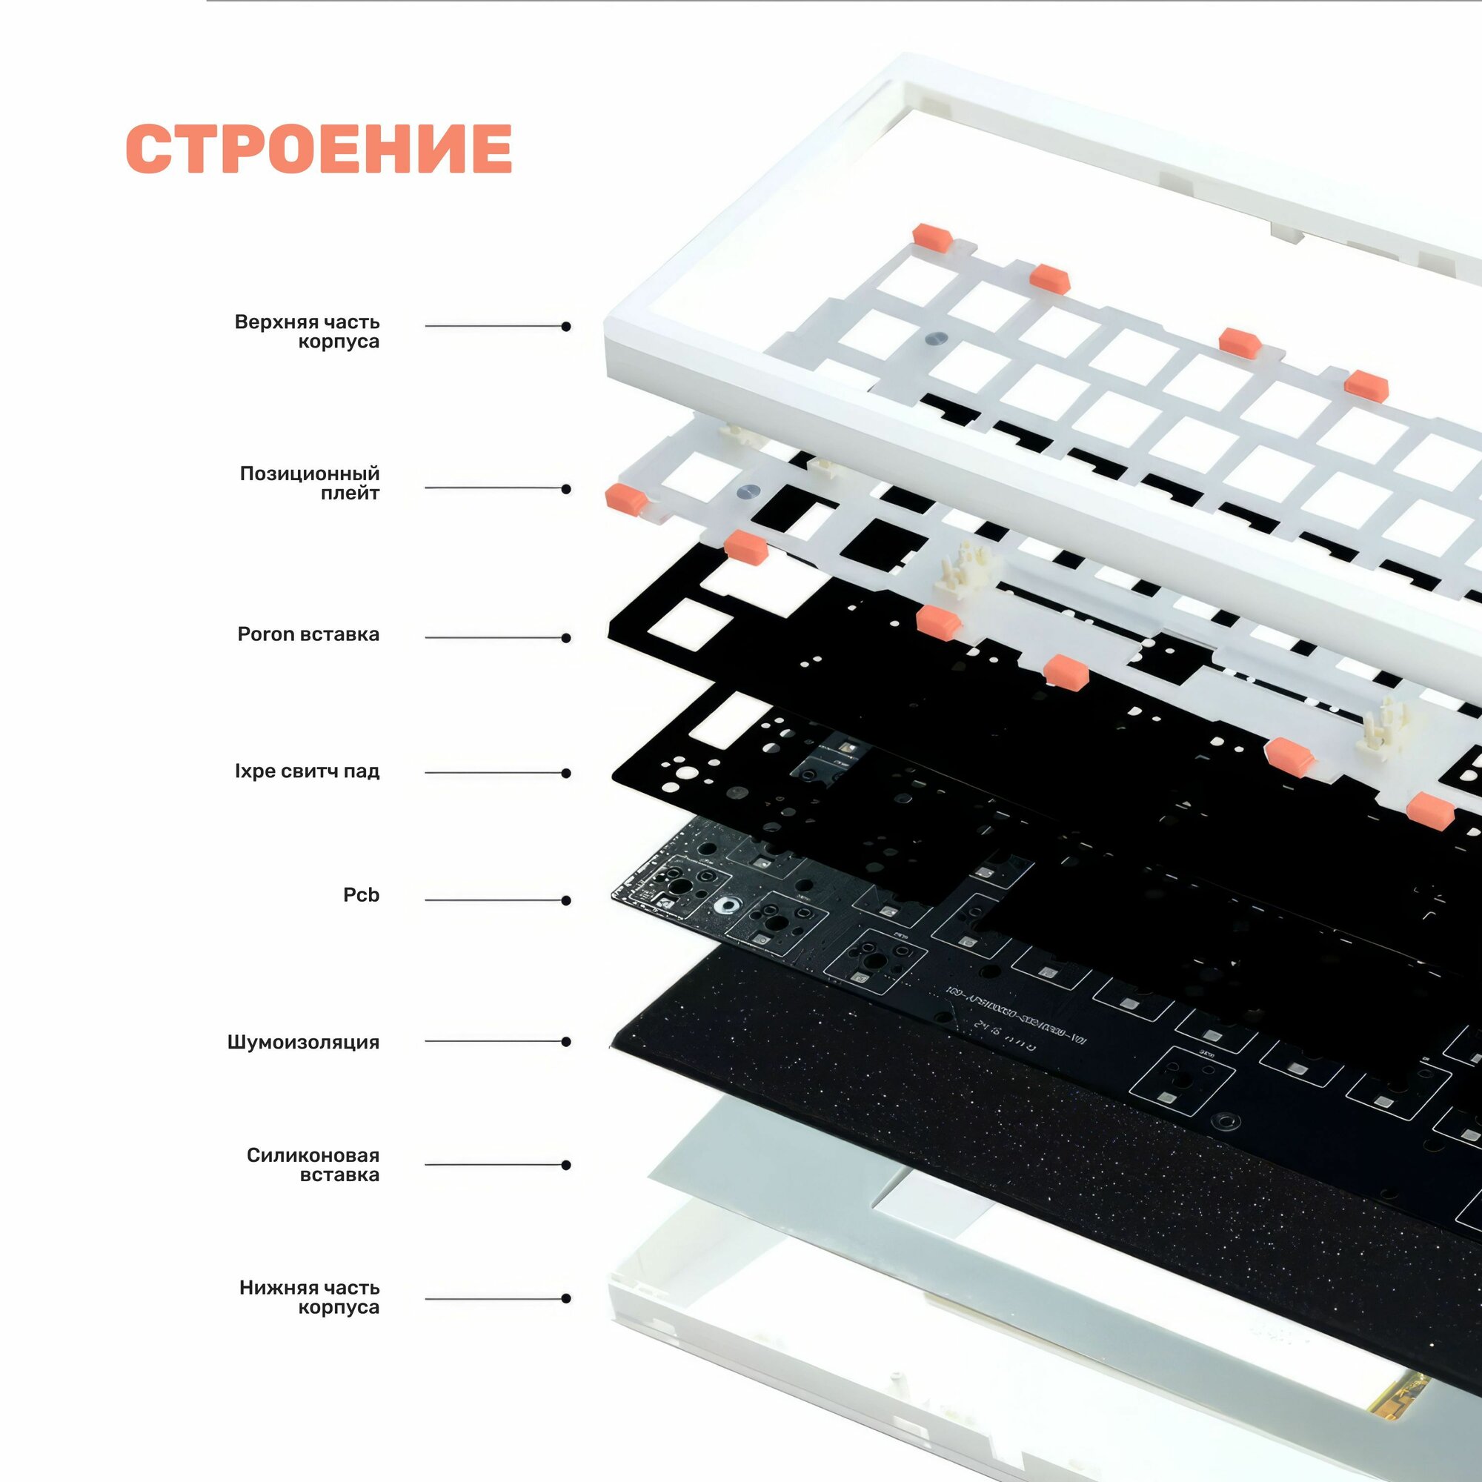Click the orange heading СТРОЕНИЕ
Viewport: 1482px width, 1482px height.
point(319,148)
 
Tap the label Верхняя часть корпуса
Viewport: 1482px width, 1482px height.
point(307,331)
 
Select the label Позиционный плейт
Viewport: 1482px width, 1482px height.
point(310,483)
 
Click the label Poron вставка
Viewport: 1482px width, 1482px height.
point(308,634)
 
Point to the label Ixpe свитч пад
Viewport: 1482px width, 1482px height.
point(307,771)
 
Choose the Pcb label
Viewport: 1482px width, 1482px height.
point(361,894)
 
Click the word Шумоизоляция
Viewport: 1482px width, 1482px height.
point(303,1042)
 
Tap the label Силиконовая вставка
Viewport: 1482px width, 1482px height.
point(313,1164)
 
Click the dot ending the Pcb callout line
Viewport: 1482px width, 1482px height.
point(566,900)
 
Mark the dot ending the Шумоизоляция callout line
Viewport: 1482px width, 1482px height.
point(566,1042)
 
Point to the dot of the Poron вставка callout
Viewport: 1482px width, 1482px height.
point(566,637)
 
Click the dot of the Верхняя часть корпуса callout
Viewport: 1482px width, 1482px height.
point(566,327)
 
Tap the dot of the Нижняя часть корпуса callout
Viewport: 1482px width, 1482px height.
point(566,1299)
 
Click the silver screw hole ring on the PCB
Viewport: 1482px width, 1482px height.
point(723,906)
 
